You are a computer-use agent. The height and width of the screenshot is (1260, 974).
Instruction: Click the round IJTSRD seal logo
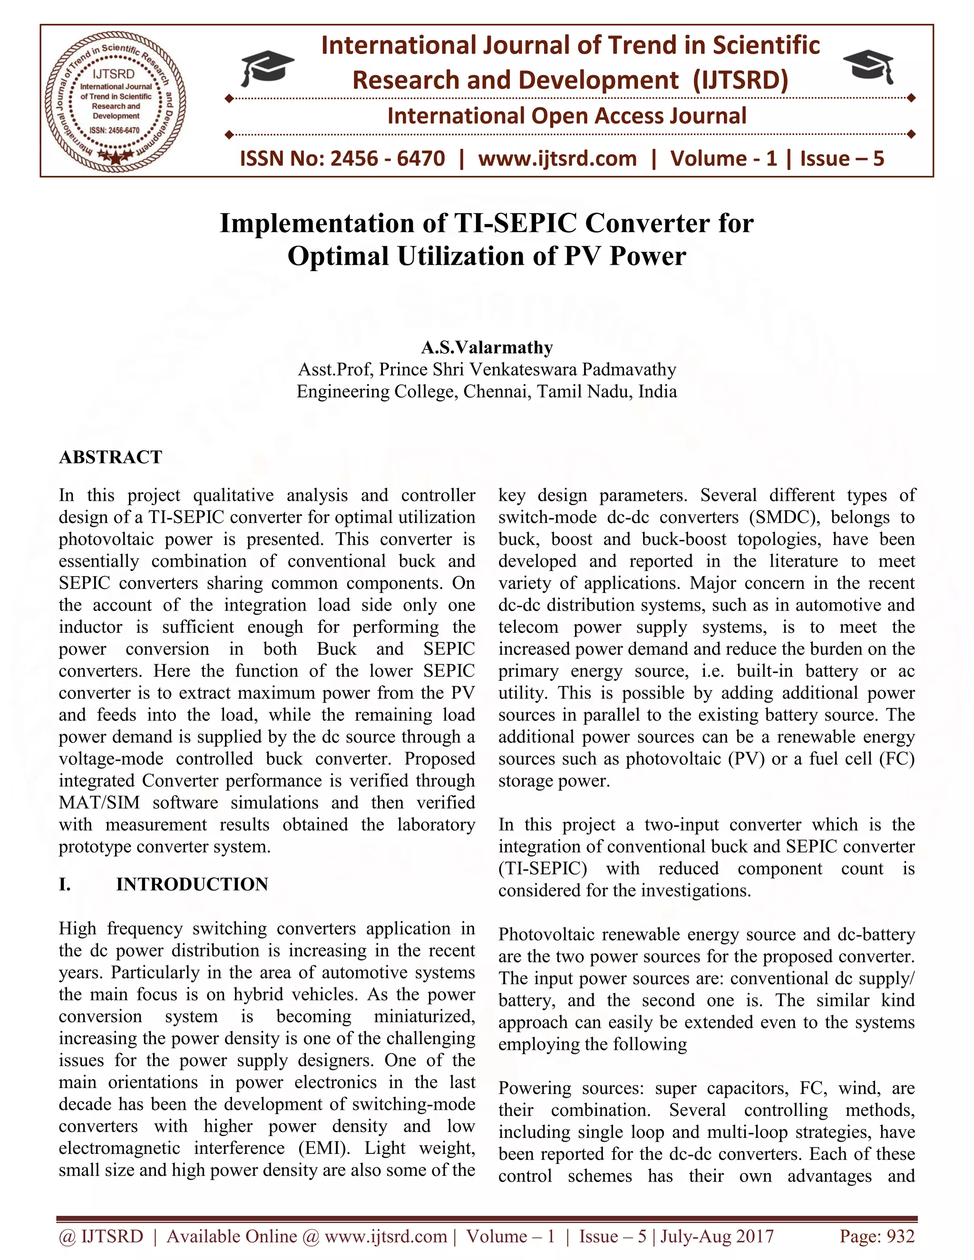(116, 100)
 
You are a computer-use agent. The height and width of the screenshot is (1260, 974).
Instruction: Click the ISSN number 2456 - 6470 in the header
(387, 159)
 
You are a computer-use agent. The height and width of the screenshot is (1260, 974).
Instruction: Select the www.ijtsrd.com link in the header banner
(557, 159)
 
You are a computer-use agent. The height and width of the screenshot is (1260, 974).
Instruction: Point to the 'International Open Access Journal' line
(566, 116)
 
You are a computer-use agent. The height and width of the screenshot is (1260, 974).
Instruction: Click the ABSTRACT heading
(111, 457)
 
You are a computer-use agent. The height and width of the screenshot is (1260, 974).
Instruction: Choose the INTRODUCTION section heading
(192, 884)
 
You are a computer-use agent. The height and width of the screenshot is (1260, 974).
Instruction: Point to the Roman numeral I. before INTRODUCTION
(65, 884)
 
